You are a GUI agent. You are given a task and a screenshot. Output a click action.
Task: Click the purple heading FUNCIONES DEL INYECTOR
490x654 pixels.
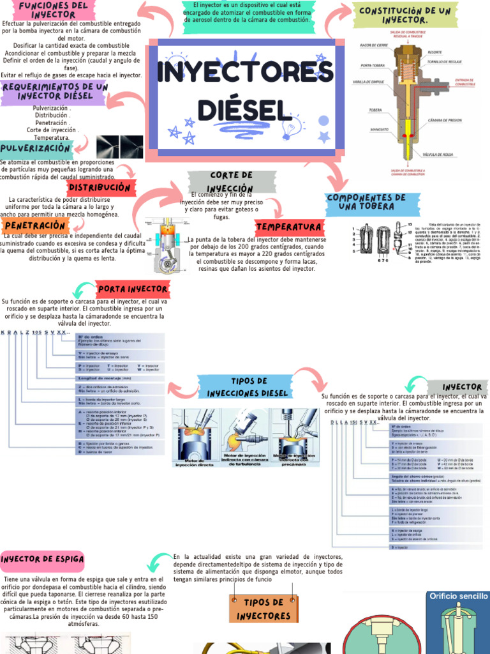coord(53,10)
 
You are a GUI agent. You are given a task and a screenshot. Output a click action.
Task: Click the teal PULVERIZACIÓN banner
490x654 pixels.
coord(36,148)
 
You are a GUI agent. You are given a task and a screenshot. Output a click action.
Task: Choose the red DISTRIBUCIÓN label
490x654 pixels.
coord(100,188)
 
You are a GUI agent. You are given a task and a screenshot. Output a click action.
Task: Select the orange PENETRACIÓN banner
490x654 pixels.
coord(35,225)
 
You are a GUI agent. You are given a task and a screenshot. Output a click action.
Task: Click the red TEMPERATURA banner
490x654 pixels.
coord(289,227)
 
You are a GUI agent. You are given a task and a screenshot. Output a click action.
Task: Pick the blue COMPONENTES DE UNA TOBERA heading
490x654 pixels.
coord(365,202)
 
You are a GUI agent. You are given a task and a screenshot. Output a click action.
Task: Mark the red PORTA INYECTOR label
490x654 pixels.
coord(133,289)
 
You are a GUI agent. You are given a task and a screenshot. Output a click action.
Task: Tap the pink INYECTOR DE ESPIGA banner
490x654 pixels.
coord(43,559)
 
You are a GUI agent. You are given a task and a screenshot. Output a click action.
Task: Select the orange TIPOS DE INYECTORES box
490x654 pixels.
coord(263,609)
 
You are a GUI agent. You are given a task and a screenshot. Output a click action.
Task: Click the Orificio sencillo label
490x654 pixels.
coord(458,596)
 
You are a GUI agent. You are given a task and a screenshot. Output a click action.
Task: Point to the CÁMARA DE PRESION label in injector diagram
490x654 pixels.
coord(445,121)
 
